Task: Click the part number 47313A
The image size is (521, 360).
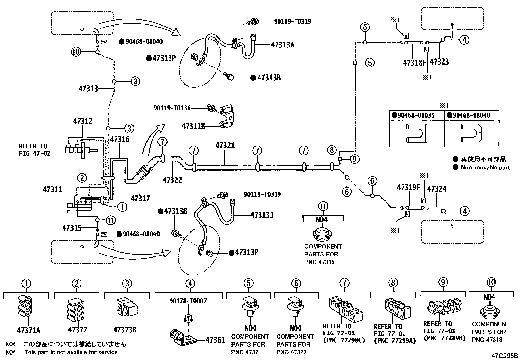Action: [x=282, y=45]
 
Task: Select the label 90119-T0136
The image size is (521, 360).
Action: [x=172, y=108]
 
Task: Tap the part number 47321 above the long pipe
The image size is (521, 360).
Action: [x=225, y=145]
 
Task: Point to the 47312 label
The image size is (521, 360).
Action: [x=82, y=121]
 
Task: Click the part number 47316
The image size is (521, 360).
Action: [x=119, y=139]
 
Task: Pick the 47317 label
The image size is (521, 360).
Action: [x=140, y=198]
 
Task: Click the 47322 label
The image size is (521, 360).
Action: [x=172, y=180]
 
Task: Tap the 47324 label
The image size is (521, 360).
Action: [x=437, y=189]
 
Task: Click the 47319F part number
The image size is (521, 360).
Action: [x=408, y=187]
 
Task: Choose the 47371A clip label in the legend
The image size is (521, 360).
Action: [x=26, y=330]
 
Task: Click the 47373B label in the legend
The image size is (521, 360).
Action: [x=125, y=330]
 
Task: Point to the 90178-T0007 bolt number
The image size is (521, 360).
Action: [x=188, y=301]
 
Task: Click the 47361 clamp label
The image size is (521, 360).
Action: [x=215, y=340]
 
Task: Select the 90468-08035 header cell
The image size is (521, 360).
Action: [x=417, y=115]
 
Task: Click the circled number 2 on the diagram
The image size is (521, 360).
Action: [x=82, y=178]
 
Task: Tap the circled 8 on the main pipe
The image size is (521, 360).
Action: [x=332, y=150]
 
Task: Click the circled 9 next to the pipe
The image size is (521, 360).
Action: [x=354, y=159]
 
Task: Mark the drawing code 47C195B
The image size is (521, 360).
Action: [x=504, y=355]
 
